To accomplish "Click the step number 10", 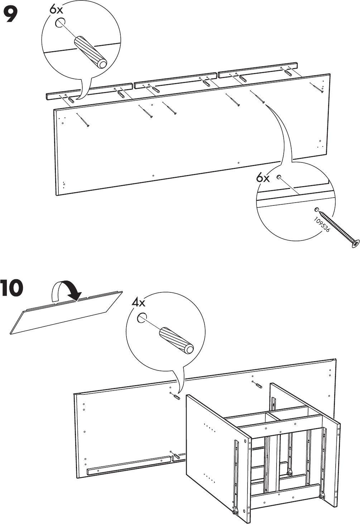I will (12, 288).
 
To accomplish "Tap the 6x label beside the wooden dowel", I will (56, 10).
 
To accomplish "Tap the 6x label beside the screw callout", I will (263, 178).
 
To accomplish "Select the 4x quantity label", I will (138, 303).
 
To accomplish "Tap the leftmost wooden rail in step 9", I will (90, 92).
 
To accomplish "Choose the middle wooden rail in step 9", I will (176, 80).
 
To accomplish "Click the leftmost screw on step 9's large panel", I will (83, 120).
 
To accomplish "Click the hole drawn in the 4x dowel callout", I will (142, 317).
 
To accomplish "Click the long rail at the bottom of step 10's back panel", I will (129, 465).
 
